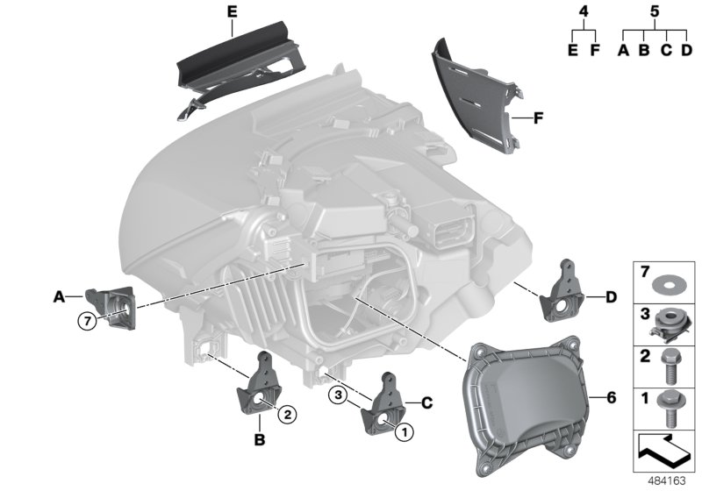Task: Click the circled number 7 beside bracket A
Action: click(x=86, y=321)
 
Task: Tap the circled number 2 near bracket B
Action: click(x=286, y=409)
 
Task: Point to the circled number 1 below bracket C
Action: click(x=405, y=431)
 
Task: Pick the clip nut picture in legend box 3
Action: click(x=670, y=322)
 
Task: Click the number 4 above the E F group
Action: click(x=583, y=13)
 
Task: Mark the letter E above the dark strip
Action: click(x=232, y=11)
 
